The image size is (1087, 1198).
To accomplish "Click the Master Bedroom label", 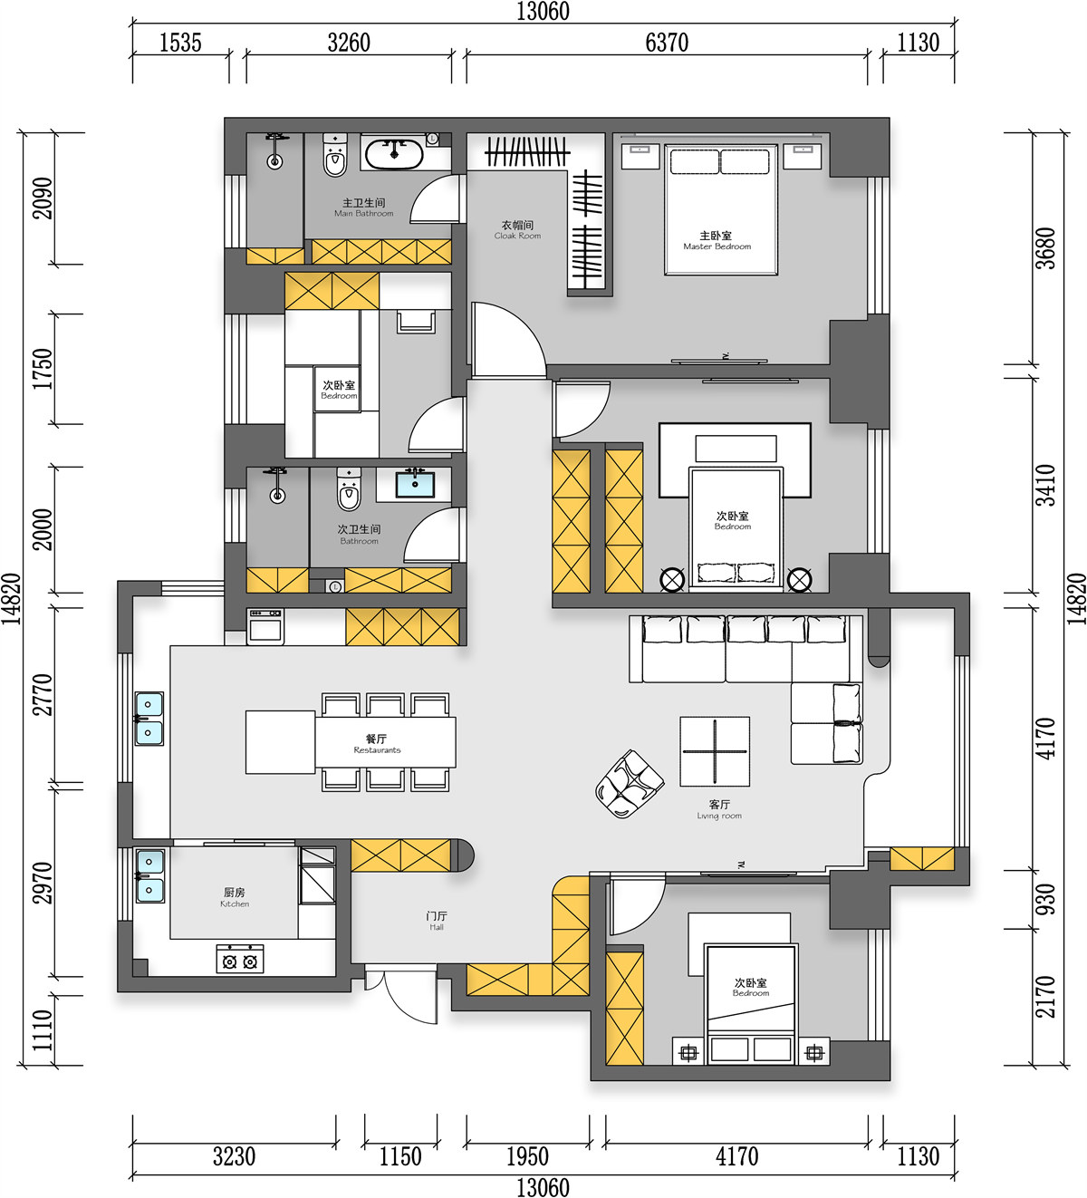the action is tap(717, 241).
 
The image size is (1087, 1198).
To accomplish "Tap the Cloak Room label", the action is tap(517, 230).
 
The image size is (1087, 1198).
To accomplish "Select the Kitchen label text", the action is tap(235, 898).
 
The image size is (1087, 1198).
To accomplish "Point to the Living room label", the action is tap(719, 810).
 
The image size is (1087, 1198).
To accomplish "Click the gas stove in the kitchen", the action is tap(239, 959).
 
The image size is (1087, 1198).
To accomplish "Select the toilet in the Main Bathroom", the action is tap(335, 155).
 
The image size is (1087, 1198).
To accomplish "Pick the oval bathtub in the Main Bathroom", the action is tap(394, 154).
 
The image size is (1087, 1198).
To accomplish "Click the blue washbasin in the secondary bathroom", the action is tap(415, 483).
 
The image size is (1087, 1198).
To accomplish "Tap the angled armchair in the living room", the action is tap(629, 784).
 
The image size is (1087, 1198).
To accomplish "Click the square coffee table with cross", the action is tap(715, 752).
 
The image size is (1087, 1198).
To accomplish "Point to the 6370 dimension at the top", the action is tap(667, 43).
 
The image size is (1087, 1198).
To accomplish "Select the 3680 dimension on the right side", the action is tap(1046, 248).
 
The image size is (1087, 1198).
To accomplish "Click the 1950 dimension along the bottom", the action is tap(527, 1157).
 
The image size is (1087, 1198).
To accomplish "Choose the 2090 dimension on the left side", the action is tap(43, 198).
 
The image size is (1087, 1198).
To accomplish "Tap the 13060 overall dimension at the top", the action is tap(543, 12).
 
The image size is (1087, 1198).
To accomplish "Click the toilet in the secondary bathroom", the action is tap(350, 489).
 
